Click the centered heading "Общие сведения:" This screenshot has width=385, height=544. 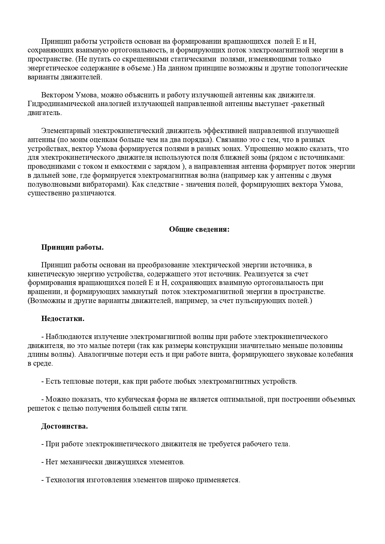(199, 230)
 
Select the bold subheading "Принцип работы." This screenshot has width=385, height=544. (72, 247)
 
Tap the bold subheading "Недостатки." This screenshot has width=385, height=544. (63, 319)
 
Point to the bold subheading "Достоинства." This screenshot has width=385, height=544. (65, 426)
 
